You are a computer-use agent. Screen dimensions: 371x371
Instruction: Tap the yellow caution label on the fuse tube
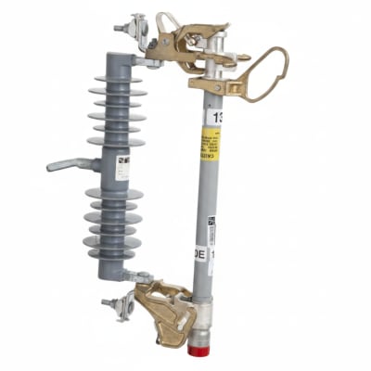(x=211, y=147)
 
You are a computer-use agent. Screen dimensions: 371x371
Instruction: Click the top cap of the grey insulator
(x=117, y=60)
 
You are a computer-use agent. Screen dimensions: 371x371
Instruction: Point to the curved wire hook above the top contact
(x=167, y=19)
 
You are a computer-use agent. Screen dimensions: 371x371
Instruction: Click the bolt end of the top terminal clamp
(x=119, y=29)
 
